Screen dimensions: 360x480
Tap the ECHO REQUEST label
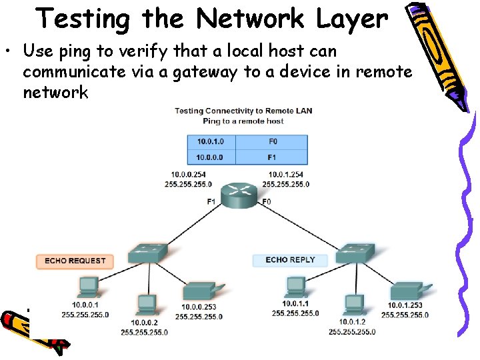click(75, 261)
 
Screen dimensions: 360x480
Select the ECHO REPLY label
click(290, 259)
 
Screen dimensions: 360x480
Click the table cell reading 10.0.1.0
click(211, 141)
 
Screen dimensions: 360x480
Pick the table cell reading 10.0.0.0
click(211, 157)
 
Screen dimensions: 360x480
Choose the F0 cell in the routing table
click(273, 141)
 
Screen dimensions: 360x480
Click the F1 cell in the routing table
click(273, 157)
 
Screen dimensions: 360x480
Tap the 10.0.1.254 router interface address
click(286, 175)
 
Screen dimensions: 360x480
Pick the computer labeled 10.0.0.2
click(145, 305)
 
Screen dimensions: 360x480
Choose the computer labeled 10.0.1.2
click(353, 305)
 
